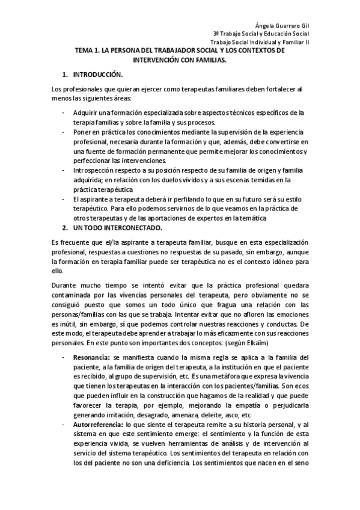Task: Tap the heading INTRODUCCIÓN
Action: pos(97,75)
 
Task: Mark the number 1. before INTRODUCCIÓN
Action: pos(64,75)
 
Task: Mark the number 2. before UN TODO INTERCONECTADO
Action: pos(65,228)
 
